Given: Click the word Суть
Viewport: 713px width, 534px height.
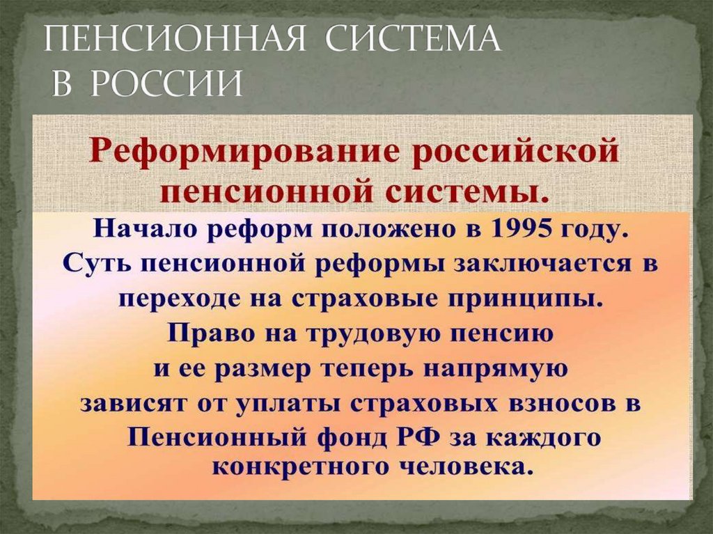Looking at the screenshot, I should tap(96, 264).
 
